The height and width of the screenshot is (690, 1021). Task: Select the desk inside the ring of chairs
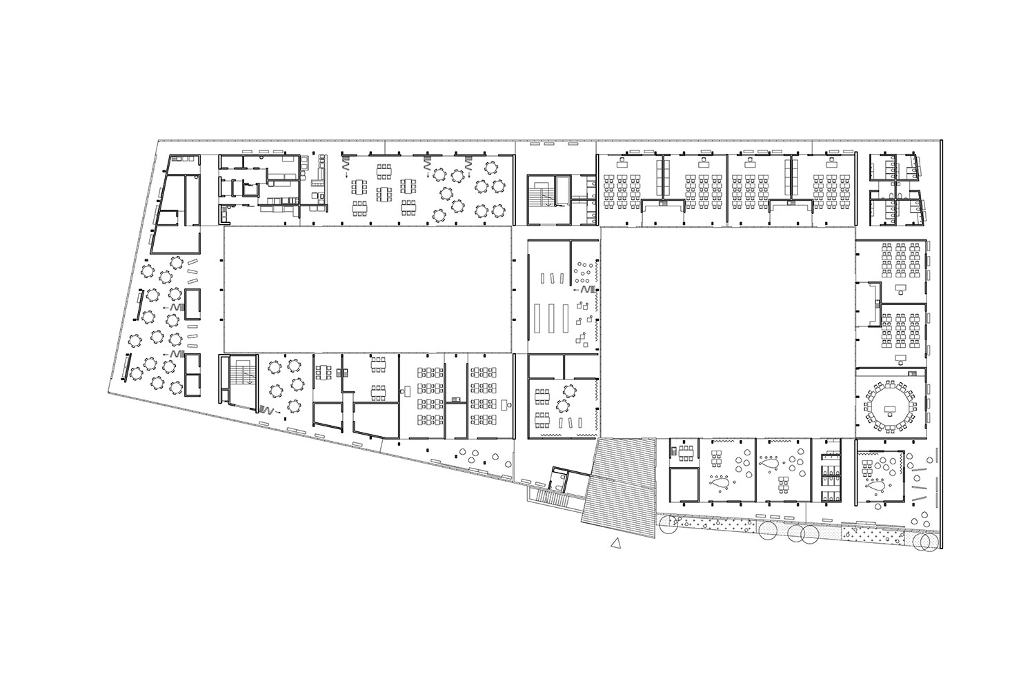891,410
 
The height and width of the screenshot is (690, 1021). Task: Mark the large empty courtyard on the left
367,290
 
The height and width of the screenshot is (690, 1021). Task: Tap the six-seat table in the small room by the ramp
684,453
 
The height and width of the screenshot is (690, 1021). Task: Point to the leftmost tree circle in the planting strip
668,526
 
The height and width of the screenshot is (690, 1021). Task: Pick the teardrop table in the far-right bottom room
878,484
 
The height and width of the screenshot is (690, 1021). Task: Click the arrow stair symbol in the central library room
585,290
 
